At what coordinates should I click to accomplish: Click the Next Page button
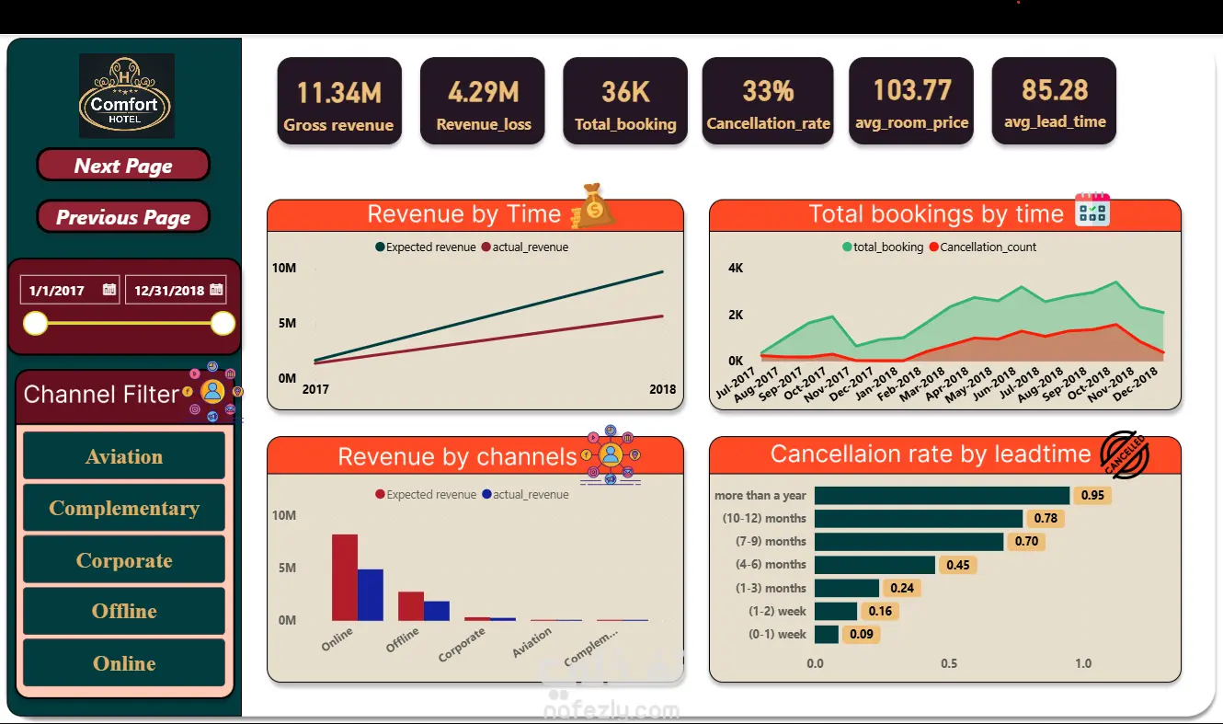[x=123, y=165]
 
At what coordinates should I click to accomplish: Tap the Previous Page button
[x=123, y=217]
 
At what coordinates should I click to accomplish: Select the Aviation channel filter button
[x=124, y=455]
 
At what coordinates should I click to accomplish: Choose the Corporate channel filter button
[x=124, y=559]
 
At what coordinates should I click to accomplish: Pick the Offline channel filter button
[x=124, y=611]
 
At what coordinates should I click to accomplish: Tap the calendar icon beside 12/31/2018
[x=216, y=289]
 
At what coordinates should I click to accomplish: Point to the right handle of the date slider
[x=223, y=324]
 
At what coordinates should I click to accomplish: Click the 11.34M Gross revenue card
[x=339, y=100]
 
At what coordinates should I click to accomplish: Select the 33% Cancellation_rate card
[x=768, y=100]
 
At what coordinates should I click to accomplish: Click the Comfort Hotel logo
[x=126, y=96]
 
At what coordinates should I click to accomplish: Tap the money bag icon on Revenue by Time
[x=593, y=206]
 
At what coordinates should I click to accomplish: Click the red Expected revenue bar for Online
[x=345, y=578]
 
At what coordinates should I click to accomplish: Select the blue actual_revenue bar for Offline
[x=437, y=611]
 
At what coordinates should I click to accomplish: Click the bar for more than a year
[x=942, y=495]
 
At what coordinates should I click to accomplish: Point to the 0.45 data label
[x=957, y=565]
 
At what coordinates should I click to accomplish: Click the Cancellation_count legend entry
[x=982, y=247]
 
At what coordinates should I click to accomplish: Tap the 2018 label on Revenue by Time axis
[x=662, y=389]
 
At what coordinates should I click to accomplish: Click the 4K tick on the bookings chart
[x=736, y=268]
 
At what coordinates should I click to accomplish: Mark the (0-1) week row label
[x=777, y=634]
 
